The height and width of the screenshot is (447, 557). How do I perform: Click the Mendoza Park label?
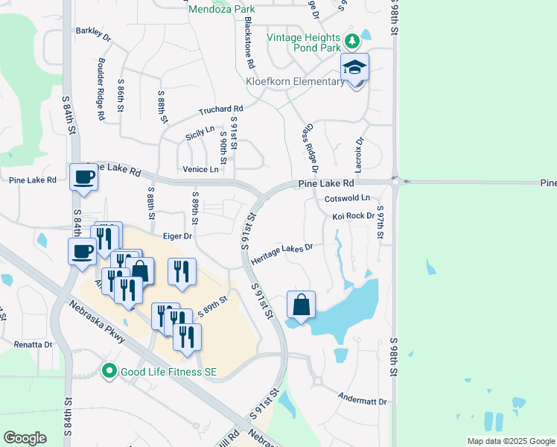click(x=221, y=10)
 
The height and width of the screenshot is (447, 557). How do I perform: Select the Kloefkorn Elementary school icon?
click(x=355, y=69)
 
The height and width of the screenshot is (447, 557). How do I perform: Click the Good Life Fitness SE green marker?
click(x=109, y=370)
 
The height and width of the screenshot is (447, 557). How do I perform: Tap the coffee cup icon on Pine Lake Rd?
click(x=83, y=177)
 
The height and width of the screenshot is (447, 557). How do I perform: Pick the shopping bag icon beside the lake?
click(x=301, y=304)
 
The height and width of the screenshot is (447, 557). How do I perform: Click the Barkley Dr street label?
click(x=93, y=34)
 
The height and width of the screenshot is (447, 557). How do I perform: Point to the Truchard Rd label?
click(x=220, y=110)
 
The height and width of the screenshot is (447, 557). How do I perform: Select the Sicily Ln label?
click(x=200, y=133)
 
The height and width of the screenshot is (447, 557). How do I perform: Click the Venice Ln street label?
click(x=200, y=170)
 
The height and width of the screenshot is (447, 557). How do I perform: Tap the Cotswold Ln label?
click(x=347, y=199)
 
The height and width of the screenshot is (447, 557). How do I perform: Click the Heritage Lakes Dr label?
click(x=281, y=252)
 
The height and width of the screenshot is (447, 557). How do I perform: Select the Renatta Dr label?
click(x=34, y=345)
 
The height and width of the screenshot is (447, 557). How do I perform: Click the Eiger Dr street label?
click(x=177, y=235)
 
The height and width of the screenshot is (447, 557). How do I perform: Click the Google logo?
click(x=25, y=438)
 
